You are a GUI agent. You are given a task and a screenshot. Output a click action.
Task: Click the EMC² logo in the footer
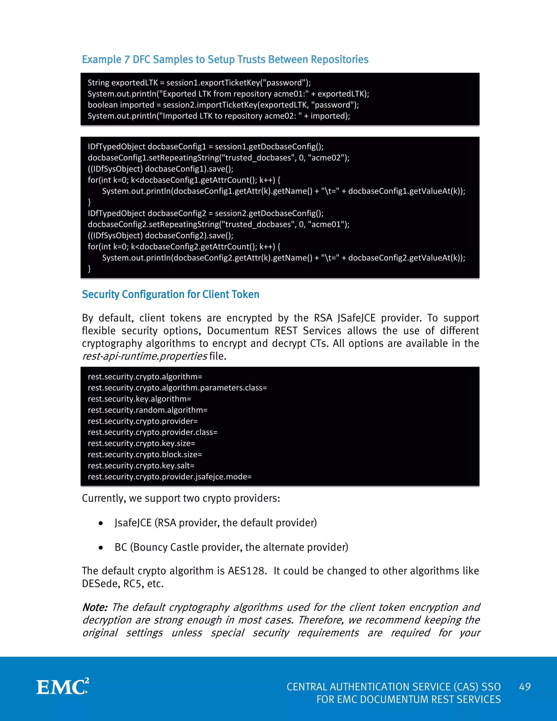pyautogui.click(x=62, y=687)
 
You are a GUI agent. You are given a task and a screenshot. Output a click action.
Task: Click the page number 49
pyautogui.click(x=525, y=687)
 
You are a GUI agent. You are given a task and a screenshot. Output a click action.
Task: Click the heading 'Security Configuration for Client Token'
pyautogui.click(x=171, y=294)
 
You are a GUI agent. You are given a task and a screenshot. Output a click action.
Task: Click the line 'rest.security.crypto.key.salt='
pyautogui.click(x=141, y=466)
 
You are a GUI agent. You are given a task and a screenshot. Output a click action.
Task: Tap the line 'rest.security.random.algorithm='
pyautogui.click(x=147, y=410)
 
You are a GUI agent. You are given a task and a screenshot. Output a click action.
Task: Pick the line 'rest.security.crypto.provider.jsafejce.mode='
pyautogui.click(x=170, y=477)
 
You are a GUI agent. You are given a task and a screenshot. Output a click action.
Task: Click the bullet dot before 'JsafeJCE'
pyautogui.click(x=101, y=523)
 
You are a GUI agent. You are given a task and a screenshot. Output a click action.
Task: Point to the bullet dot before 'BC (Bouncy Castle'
pyautogui.click(x=101, y=548)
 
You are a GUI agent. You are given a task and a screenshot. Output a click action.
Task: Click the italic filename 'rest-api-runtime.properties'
pyautogui.click(x=144, y=356)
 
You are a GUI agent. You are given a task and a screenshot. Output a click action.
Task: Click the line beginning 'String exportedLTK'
pyautogui.click(x=199, y=82)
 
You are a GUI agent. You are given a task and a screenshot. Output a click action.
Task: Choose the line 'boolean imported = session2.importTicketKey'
pyautogui.click(x=223, y=105)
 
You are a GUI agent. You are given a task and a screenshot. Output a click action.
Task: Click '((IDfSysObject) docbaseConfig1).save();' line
pyautogui.click(x=160, y=169)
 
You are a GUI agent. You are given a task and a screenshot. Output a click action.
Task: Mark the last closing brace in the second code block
pyautogui.click(x=89, y=269)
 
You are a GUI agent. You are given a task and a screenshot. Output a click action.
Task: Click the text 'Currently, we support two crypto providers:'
pyautogui.click(x=181, y=498)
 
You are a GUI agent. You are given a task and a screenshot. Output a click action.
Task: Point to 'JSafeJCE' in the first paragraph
pyautogui.click(x=356, y=318)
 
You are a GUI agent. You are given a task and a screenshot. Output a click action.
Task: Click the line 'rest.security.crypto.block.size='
pyautogui.click(x=145, y=455)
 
